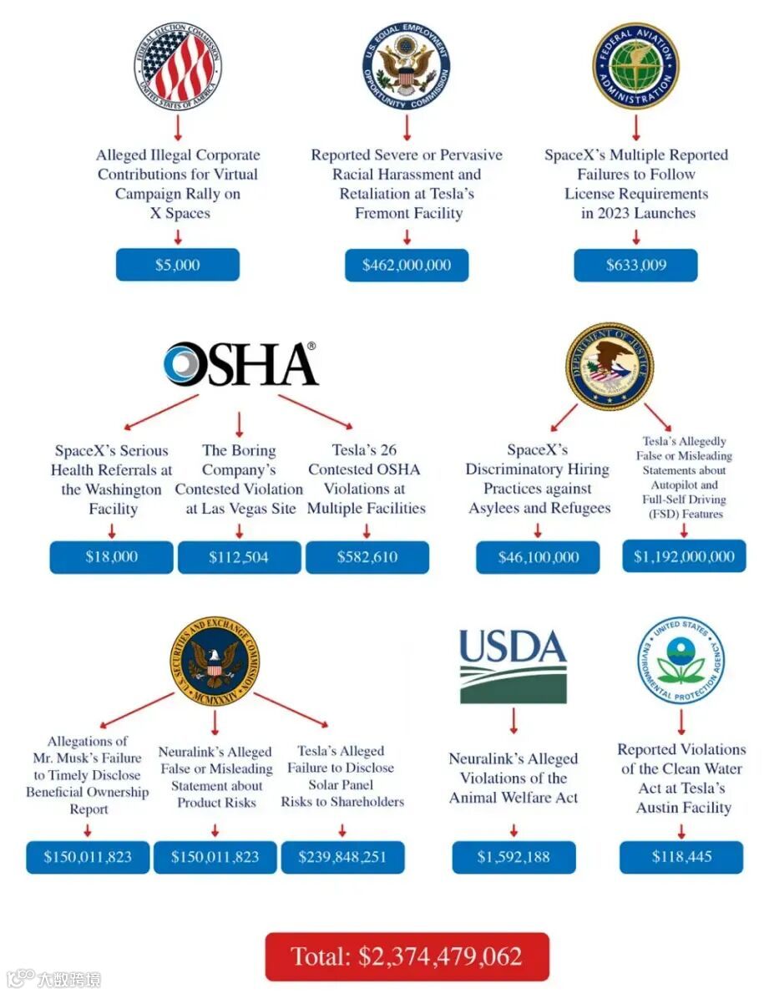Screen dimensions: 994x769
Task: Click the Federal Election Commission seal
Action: (177, 66)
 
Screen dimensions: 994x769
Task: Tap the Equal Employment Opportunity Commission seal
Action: (407, 66)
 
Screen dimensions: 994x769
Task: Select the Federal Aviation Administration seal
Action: (635, 66)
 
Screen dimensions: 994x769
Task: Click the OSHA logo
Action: (240, 364)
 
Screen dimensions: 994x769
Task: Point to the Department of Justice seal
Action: (609, 364)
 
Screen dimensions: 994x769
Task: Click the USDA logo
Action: (513, 666)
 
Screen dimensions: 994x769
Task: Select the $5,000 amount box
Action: (177, 265)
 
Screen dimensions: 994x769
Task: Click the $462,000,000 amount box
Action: (407, 265)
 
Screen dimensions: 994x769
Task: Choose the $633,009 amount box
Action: (635, 265)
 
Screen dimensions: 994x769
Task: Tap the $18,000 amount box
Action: (111, 557)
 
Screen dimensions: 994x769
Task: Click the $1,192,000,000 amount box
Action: (683, 556)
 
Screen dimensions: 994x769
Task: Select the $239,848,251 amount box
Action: (342, 857)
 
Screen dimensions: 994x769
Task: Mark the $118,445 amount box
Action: (680, 857)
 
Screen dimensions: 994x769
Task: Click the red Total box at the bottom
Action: (407, 956)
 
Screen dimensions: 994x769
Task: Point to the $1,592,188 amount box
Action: (514, 857)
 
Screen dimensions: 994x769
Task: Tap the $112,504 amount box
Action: (239, 557)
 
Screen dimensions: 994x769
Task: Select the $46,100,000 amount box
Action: (538, 557)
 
